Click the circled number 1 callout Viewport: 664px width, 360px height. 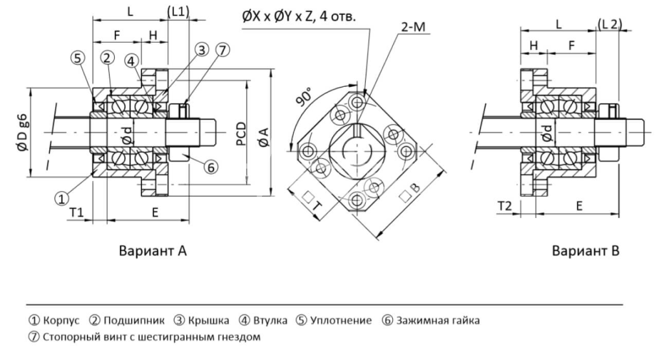[x=62, y=198]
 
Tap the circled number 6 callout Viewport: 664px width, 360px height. [x=211, y=167]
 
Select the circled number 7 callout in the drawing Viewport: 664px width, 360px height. [x=222, y=50]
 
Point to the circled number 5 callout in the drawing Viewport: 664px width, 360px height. [x=78, y=58]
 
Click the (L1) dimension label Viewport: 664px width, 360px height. [x=178, y=12]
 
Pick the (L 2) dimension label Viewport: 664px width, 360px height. [x=610, y=24]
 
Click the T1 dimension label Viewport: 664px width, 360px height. [x=77, y=212]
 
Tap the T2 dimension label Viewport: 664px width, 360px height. [x=504, y=206]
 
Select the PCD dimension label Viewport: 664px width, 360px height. [x=241, y=134]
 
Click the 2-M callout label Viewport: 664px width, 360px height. [x=413, y=27]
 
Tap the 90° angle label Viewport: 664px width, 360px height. [x=304, y=97]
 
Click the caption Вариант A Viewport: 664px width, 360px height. [x=152, y=251]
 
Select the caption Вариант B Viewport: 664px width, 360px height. [x=586, y=251]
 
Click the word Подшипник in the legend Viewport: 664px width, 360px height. [x=134, y=320]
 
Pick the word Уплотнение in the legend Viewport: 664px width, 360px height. [x=341, y=320]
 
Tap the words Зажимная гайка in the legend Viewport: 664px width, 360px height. [x=438, y=320]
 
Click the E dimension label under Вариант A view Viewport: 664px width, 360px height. [x=155, y=212]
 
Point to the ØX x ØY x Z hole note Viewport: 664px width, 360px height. [x=299, y=16]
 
